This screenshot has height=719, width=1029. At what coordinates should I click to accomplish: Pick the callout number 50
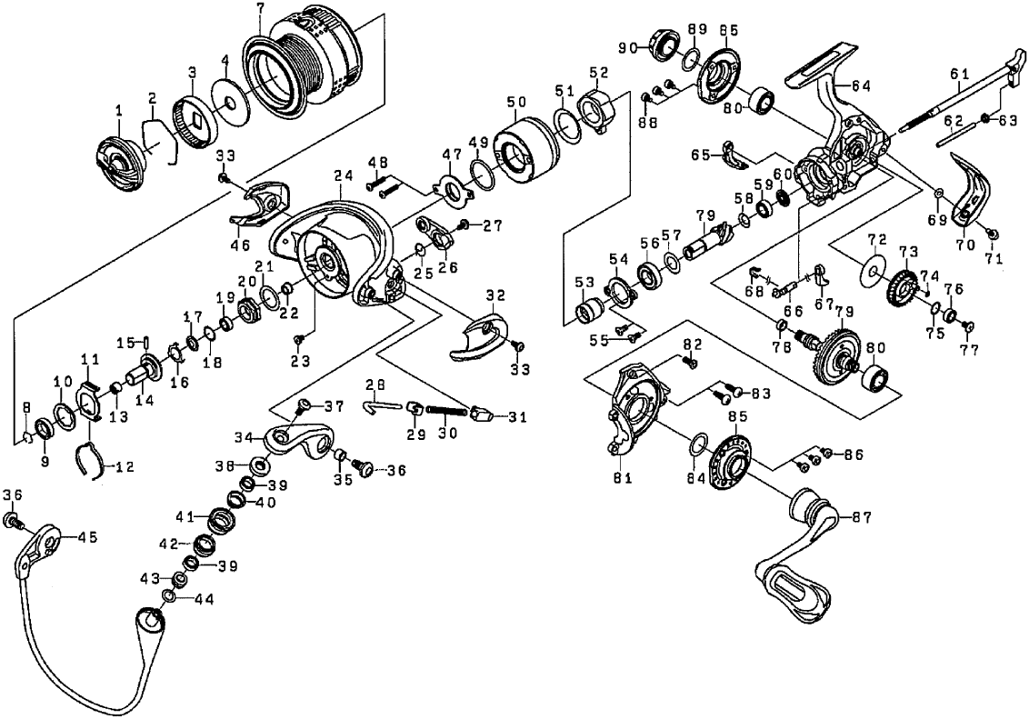point(516,103)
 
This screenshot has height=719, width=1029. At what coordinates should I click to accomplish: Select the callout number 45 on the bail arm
point(87,537)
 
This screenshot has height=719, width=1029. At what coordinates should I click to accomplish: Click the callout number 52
point(598,73)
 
